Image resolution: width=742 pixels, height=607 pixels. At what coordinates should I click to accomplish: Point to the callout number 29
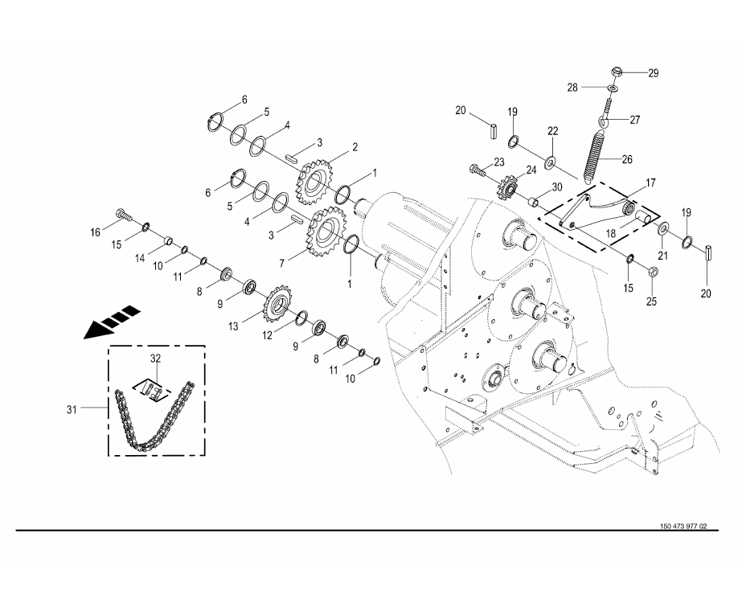(x=653, y=72)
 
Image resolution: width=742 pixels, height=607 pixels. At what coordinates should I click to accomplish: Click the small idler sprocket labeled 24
(x=508, y=190)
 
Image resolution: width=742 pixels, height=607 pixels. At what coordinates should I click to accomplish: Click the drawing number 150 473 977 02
(x=683, y=526)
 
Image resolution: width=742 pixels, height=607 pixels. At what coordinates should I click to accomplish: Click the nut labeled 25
(x=652, y=273)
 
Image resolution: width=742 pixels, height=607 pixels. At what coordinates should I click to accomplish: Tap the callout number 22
(x=552, y=131)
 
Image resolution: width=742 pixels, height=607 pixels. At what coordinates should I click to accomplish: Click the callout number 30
(x=556, y=187)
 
